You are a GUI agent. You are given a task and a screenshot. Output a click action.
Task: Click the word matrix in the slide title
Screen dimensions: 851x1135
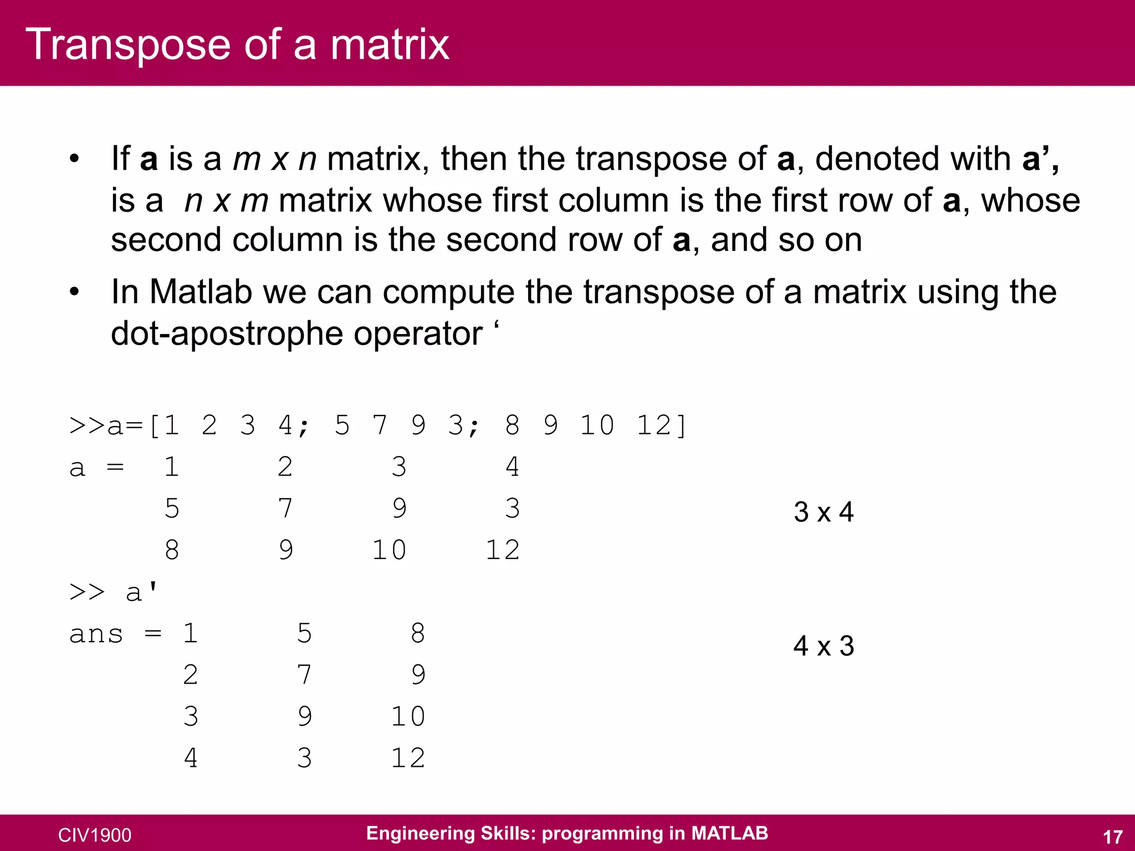click(x=390, y=44)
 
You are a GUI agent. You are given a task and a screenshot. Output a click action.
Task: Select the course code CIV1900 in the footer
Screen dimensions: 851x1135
click(x=95, y=835)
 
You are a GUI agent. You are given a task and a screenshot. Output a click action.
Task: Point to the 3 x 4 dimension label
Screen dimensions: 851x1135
click(x=824, y=512)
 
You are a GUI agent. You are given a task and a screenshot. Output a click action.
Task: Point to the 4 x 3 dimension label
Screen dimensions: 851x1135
click(x=824, y=646)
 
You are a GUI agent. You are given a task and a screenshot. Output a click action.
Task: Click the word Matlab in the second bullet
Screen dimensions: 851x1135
click(x=201, y=291)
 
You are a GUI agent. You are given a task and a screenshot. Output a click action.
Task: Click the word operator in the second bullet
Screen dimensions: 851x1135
click(x=418, y=334)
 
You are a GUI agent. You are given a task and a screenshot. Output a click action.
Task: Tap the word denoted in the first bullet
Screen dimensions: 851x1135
click(x=877, y=158)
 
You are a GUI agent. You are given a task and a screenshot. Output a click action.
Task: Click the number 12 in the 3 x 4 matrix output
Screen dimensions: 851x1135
click(x=503, y=550)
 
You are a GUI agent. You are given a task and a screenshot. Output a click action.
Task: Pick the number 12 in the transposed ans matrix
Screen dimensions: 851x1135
click(x=408, y=758)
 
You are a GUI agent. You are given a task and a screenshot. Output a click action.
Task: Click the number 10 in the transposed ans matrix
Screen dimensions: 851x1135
click(x=408, y=716)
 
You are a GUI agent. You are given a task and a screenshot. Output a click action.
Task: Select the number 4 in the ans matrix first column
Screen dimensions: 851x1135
click(x=191, y=758)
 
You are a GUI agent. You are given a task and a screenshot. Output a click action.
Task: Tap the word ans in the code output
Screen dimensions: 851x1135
click(x=96, y=634)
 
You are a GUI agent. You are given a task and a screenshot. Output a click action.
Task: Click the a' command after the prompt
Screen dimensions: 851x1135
click(x=142, y=592)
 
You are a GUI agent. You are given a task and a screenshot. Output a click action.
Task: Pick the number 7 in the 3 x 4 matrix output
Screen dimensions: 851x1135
click(x=285, y=509)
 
